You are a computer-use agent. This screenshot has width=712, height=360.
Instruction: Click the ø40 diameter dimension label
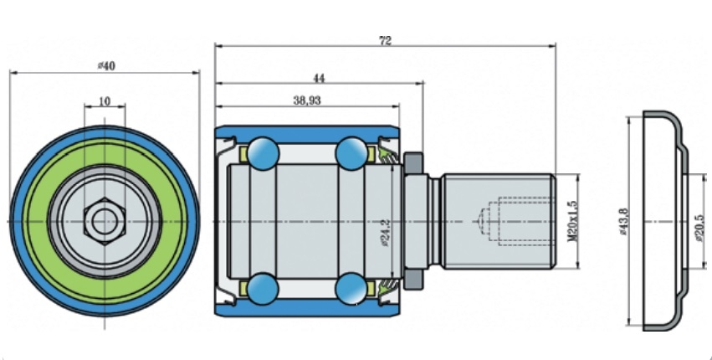pos(107,66)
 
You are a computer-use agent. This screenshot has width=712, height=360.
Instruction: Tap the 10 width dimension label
pos(105,101)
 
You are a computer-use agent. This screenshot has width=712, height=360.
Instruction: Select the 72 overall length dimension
pos(385,40)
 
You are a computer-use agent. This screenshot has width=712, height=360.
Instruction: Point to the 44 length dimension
pos(320,78)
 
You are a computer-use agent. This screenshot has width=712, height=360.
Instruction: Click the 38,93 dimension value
pos(307,100)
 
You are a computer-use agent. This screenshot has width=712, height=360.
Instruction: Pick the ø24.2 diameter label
pos(386,233)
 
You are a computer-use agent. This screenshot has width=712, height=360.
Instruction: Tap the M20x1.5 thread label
pos(572,221)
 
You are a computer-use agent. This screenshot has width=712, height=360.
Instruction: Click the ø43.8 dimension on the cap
pos(623,221)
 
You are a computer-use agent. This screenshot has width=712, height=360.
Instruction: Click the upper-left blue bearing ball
pos(263,153)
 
